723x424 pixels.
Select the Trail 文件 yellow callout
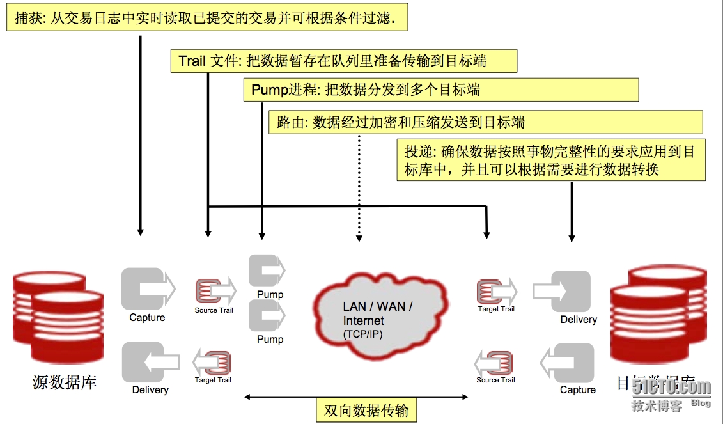[x=343, y=61]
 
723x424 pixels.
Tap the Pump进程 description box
[x=440, y=90]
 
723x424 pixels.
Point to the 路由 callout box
[x=485, y=122]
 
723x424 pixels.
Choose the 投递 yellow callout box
[x=550, y=160]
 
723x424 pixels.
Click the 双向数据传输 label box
[x=366, y=410]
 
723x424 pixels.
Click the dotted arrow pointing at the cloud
[x=359, y=185]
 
